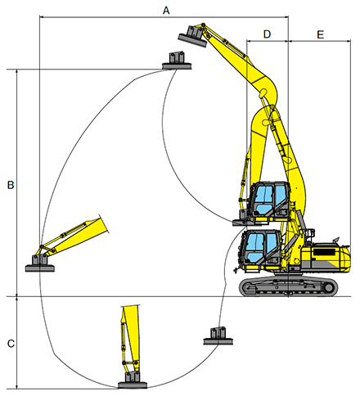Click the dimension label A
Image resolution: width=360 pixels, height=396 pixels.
pyautogui.click(x=166, y=10)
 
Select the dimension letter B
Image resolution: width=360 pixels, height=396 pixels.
pyautogui.click(x=10, y=186)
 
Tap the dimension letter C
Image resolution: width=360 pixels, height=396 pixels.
pyautogui.click(x=10, y=343)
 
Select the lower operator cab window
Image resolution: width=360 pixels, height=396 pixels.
pyautogui.click(x=257, y=248)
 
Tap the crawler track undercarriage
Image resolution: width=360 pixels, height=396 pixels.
pyautogui.click(x=288, y=286)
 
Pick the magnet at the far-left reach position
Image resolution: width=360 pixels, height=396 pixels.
pyautogui.click(x=40, y=263)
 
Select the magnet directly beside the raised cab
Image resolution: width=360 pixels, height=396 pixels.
pyautogui.click(x=244, y=218)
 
